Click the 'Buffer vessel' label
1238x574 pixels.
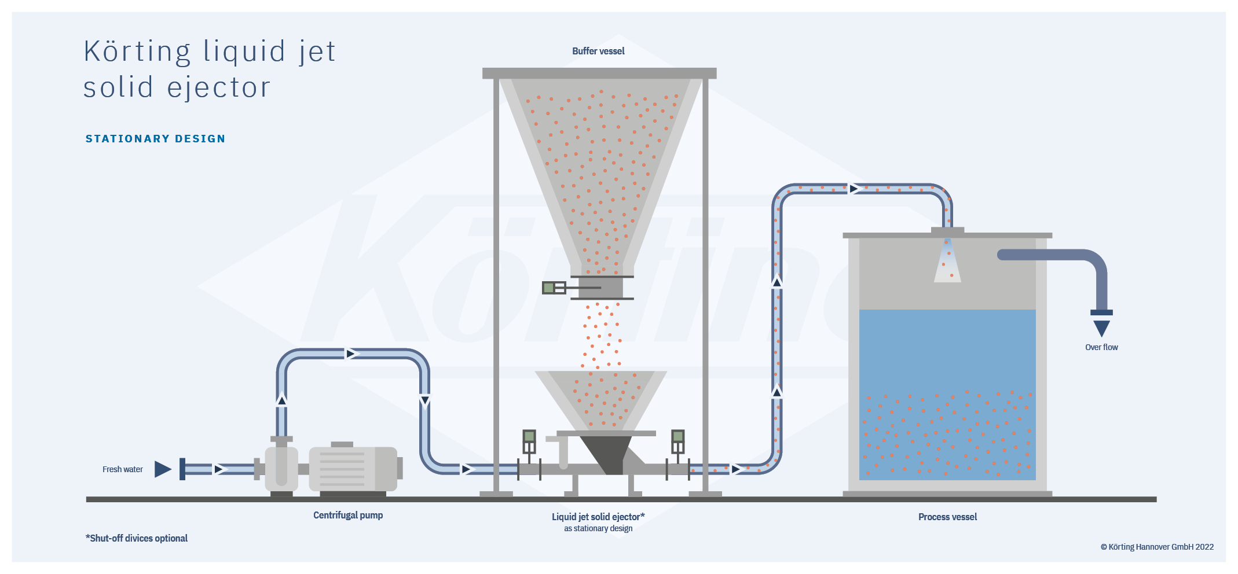click(x=598, y=51)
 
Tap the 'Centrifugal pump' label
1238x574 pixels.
click(x=348, y=515)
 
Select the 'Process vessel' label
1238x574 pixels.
click(x=947, y=517)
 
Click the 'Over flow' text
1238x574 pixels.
click(x=1101, y=347)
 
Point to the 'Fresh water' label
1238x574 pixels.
click(x=122, y=469)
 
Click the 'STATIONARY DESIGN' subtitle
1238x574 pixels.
click(x=155, y=139)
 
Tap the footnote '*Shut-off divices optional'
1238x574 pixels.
click(x=137, y=538)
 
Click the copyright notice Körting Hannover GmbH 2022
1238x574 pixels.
click(x=1157, y=547)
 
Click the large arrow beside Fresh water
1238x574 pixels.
click(x=163, y=469)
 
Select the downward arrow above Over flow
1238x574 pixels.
click(x=1101, y=328)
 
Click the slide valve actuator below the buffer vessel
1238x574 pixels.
click(x=554, y=288)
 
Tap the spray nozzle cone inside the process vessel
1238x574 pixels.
click(x=947, y=263)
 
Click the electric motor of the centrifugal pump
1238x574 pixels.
click(x=353, y=469)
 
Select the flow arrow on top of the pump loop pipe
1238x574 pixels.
click(x=351, y=354)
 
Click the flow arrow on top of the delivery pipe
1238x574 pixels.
click(x=854, y=189)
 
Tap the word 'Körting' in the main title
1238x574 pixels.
click(x=137, y=51)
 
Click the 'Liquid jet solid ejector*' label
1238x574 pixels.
click(x=598, y=517)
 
